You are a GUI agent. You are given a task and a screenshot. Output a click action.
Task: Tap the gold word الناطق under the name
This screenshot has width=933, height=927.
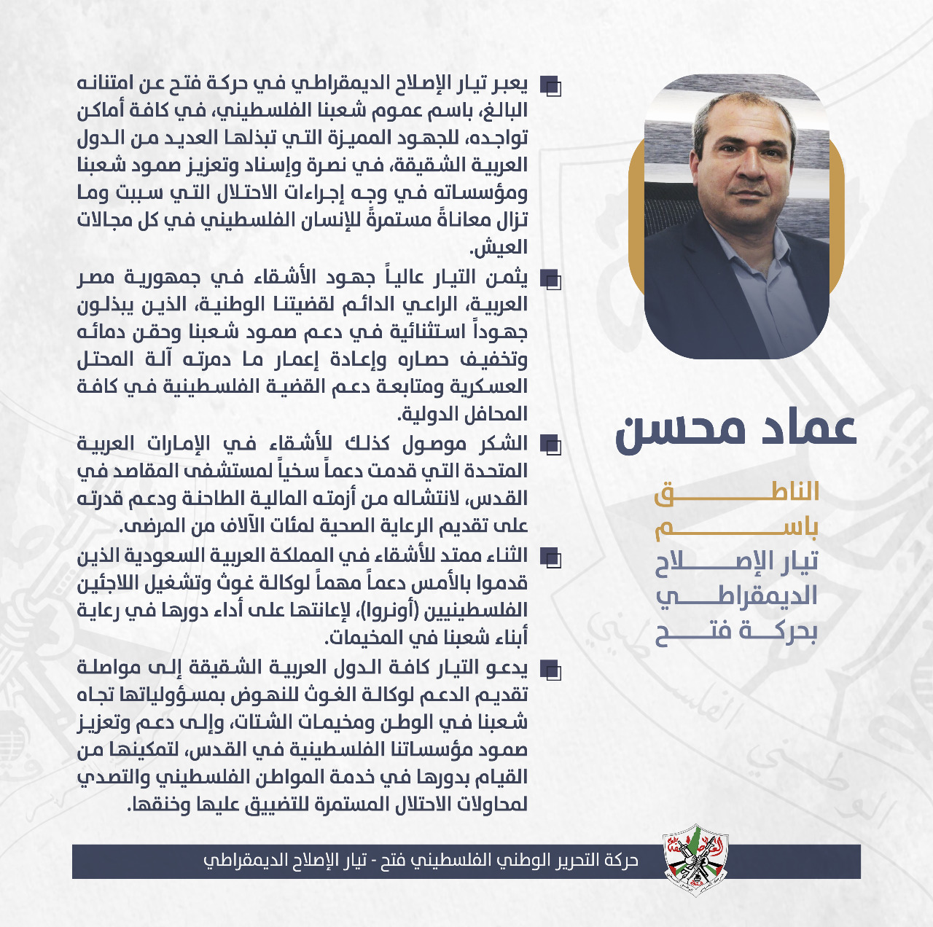pyautogui.click(x=736, y=493)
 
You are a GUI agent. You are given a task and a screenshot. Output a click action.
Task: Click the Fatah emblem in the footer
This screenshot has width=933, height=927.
pyautogui.click(x=695, y=860)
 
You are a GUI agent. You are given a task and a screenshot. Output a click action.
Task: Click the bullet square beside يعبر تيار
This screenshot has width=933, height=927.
pyautogui.click(x=551, y=87)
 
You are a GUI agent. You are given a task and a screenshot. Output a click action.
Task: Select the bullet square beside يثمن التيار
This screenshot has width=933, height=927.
pyautogui.click(x=551, y=279)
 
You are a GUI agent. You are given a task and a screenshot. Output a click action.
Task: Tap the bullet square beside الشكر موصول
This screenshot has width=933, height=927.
pyautogui.click(x=551, y=444)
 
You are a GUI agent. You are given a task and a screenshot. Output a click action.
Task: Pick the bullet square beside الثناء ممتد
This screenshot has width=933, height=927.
pyautogui.click(x=551, y=558)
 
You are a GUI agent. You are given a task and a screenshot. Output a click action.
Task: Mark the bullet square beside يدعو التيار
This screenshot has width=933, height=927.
pyautogui.click(x=551, y=668)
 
